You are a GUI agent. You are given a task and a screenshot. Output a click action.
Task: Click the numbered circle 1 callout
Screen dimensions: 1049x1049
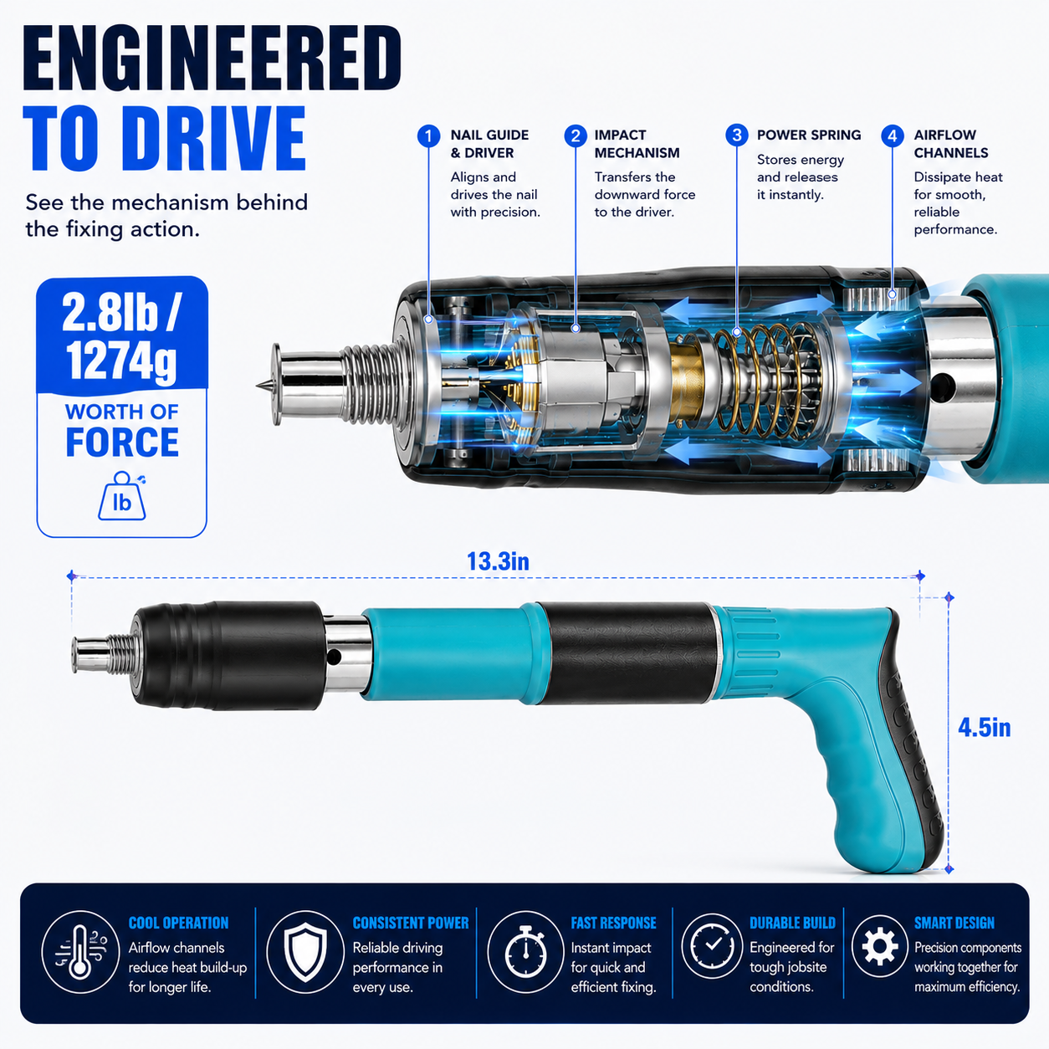point(428,136)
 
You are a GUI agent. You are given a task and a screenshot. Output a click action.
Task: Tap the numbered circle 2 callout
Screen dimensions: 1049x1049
point(576,136)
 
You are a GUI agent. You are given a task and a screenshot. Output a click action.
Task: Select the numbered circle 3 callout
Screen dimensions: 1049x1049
point(736,135)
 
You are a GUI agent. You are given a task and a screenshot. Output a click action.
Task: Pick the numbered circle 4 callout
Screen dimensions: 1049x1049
point(893,136)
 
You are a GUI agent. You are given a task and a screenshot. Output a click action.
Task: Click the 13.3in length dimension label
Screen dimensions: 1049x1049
point(498,561)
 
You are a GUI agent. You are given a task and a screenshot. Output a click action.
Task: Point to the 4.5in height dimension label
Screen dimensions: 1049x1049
point(985,728)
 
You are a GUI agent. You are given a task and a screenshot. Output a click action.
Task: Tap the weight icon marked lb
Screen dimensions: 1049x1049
point(122,496)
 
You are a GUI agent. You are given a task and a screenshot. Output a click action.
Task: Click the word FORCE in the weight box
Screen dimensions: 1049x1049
point(122,442)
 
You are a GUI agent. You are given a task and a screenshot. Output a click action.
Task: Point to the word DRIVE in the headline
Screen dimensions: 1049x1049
point(217,138)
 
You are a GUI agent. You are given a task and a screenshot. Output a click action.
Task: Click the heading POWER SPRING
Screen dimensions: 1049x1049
point(809,135)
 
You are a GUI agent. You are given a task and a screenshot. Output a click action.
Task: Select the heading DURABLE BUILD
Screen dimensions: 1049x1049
point(792,923)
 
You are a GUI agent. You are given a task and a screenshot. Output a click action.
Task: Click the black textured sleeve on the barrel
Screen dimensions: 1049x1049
point(626,653)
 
